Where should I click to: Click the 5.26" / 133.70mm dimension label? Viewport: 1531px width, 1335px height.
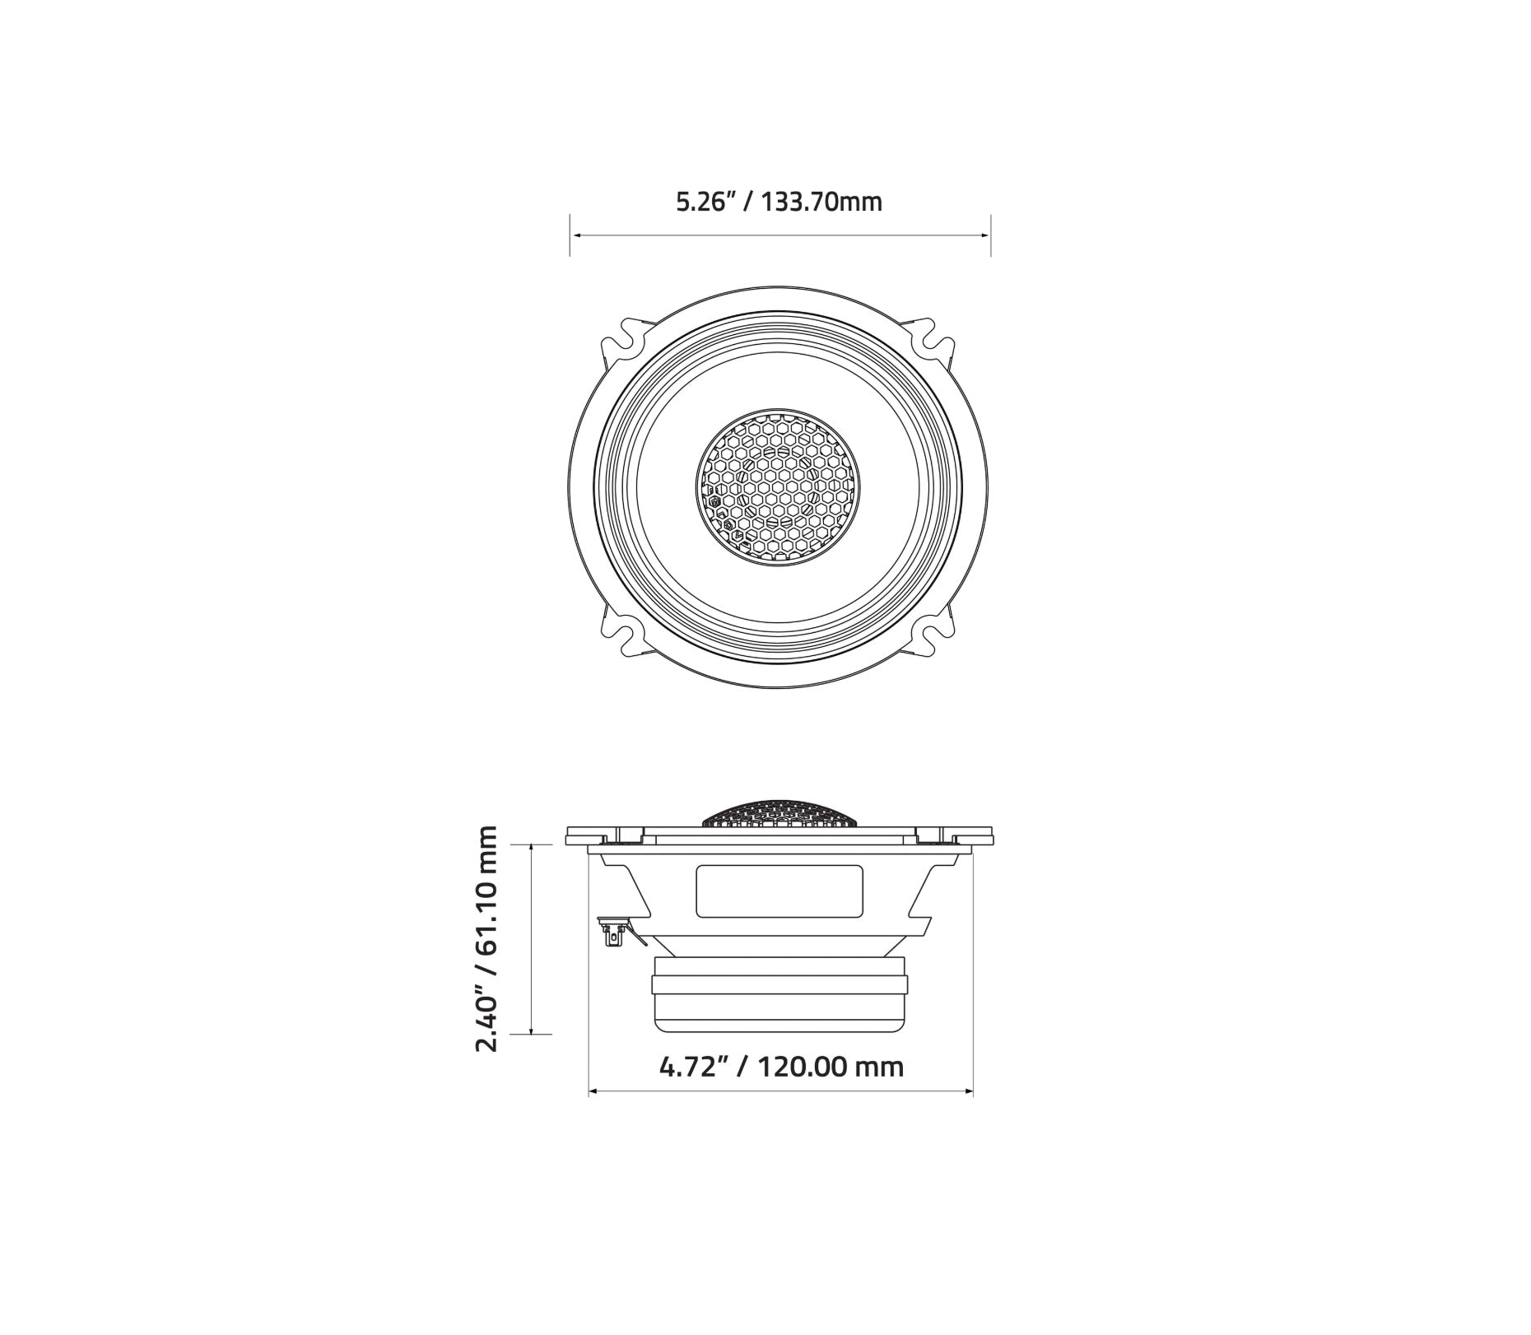click(x=779, y=202)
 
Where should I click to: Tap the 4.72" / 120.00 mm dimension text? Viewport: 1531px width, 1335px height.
click(x=781, y=1067)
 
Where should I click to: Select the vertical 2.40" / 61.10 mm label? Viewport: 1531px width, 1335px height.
click(x=486, y=938)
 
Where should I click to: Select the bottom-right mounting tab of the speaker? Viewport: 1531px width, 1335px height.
click(x=932, y=634)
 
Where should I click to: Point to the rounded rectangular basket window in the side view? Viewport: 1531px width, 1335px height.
click(x=779, y=891)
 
